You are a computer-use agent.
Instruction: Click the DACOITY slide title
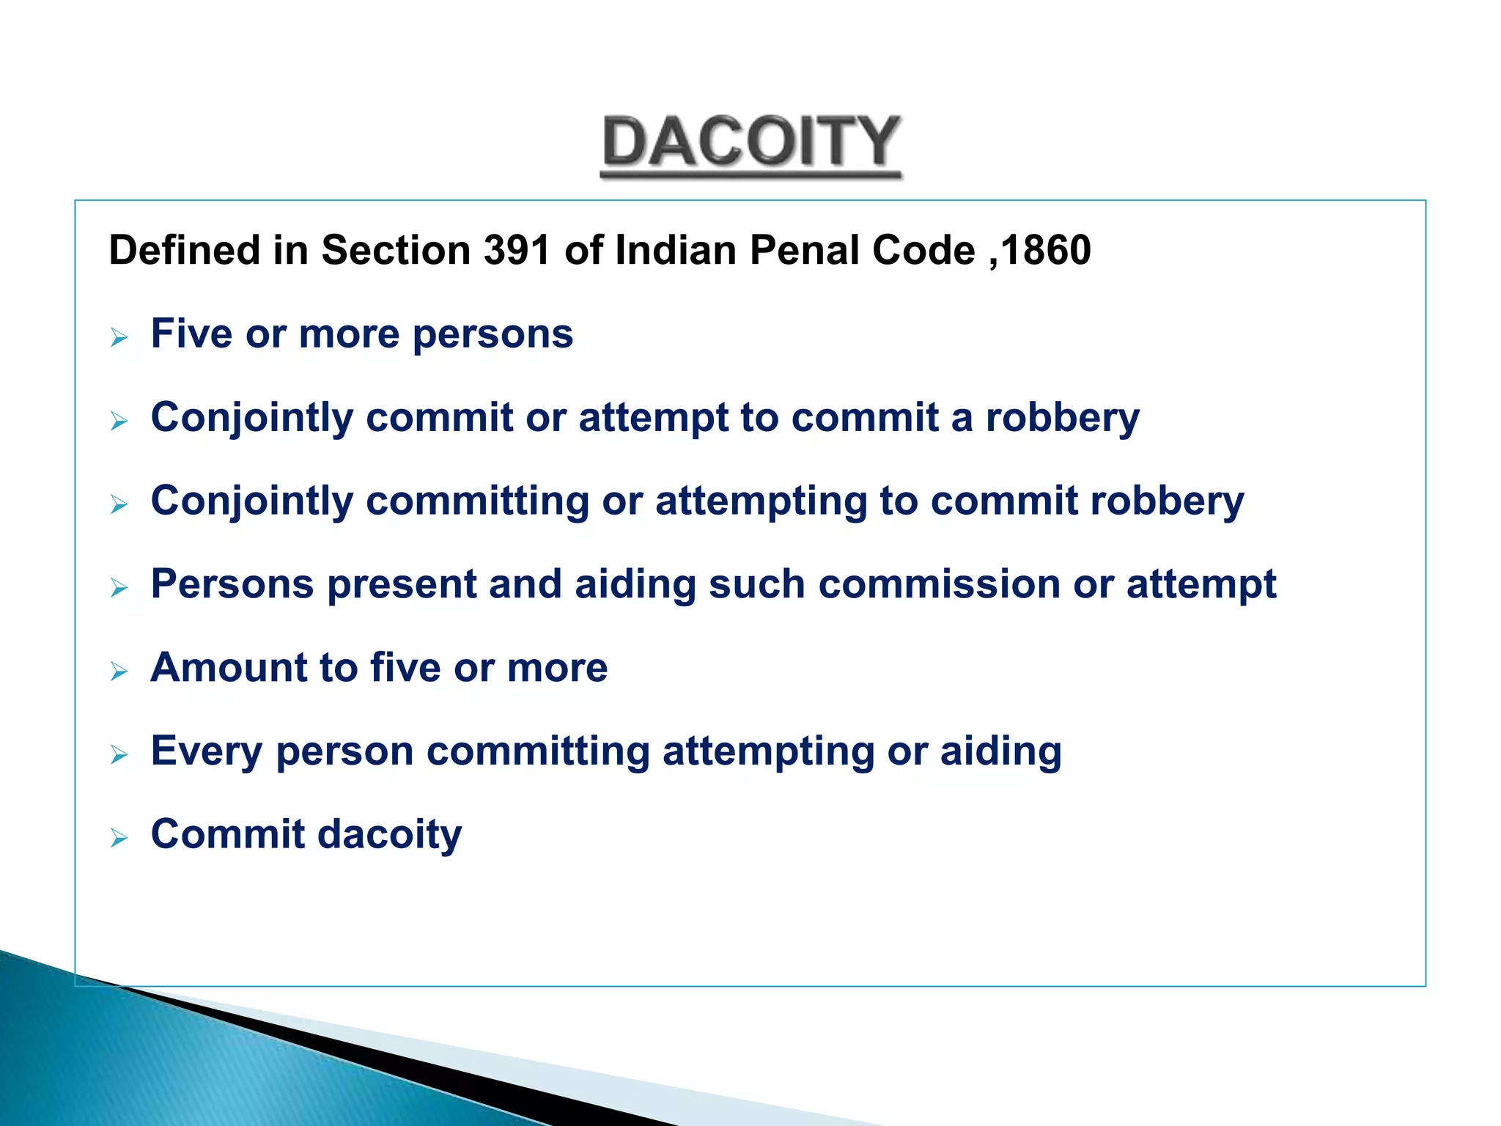pyautogui.click(x=750, y=143)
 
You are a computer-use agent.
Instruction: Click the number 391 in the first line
pyautogui.click(x=517, y=251)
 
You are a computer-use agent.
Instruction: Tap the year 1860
pyautogui.click(x=1046, y=251)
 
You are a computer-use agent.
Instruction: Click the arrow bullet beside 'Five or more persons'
pyautogui.click(x=119, y=338)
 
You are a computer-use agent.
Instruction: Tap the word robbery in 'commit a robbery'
pyautogui.click(x=1062, y=419)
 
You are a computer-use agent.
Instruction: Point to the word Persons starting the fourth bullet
pyautogui.click(x=232, y=585)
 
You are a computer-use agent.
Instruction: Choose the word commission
pyautogui.click(x=938, y=585)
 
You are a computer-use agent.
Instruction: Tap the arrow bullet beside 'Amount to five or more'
pyautogui.click(x=119, y=671)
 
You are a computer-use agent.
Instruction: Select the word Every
pyautogui.click(x=206, y=752)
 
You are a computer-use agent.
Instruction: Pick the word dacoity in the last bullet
pyautogui.click(x=389, y=836)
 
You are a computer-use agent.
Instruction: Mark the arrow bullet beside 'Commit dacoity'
pyautogui.click(x=119, y=838)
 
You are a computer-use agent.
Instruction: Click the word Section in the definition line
pyautogui.click(x=396, y=251)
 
